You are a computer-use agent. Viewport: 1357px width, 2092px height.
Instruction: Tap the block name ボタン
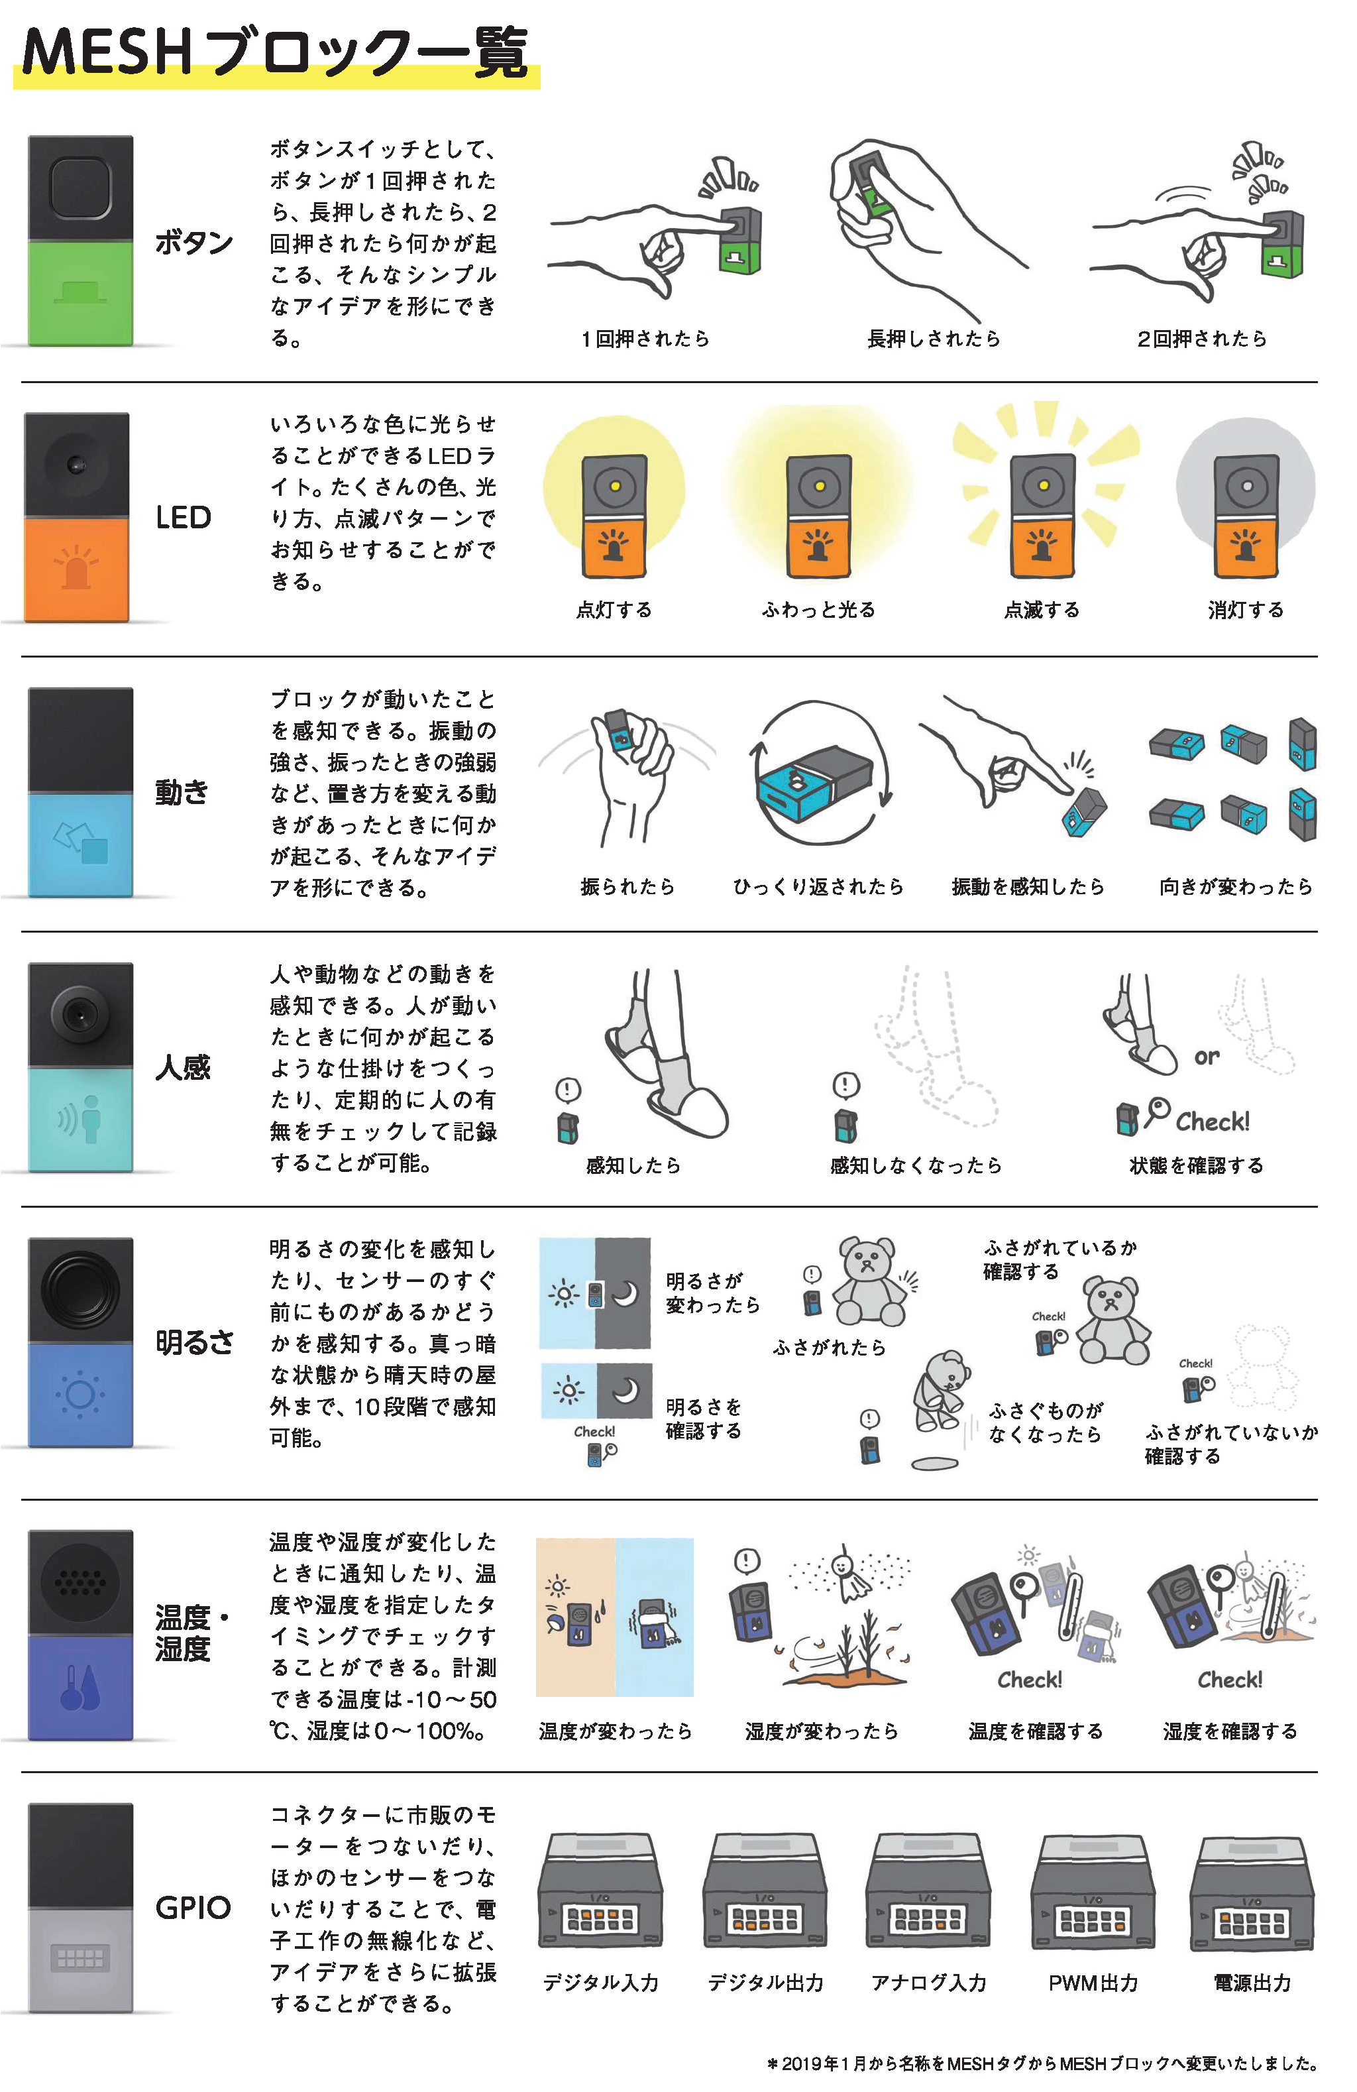click(194, 242)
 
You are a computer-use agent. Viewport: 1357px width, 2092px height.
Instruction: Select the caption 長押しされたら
click(934, 339)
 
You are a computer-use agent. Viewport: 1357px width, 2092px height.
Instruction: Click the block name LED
click(184, 517)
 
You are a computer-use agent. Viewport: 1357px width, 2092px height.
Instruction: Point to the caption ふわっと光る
click(818, 610)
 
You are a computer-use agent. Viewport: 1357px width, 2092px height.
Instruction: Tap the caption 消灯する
click(1246, 610)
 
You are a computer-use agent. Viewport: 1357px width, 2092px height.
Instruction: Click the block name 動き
click(182, 792)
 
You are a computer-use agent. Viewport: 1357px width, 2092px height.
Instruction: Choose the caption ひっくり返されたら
click(818, 886)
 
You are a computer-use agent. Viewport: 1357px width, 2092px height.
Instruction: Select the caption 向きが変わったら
click(1236, 886)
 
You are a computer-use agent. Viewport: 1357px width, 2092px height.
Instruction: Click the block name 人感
click(183, 1067)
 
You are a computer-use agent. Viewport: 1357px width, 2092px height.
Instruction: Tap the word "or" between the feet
click(1207, 1057)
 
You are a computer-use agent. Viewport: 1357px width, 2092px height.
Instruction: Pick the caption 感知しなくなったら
click(916, 1165)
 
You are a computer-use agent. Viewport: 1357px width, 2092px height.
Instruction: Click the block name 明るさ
click(195, 1342)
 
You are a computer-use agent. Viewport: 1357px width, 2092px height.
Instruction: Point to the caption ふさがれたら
click(829, 1348)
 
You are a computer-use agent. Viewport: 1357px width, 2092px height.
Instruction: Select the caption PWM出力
click(1093, 1983)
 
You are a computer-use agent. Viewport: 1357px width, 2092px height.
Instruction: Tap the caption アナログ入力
click(929, 1983)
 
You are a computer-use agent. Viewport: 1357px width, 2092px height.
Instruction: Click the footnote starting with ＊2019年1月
click(1042, 2063)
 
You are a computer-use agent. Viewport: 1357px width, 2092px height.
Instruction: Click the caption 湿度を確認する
click(1230, 1731)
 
